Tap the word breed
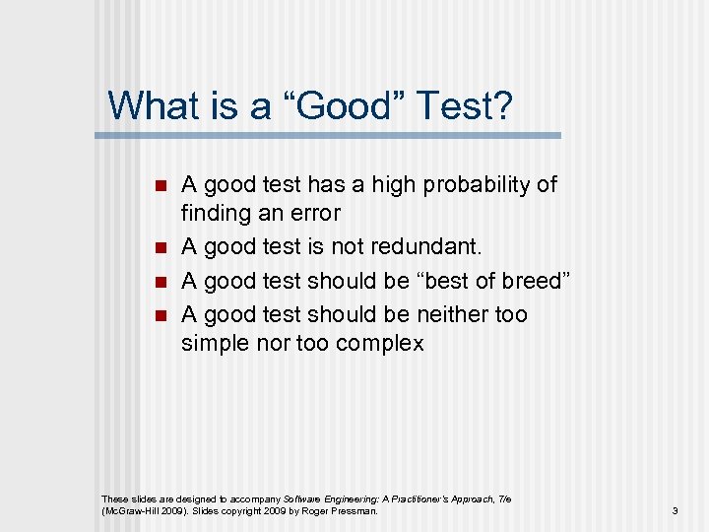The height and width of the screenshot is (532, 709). tap(530, 281)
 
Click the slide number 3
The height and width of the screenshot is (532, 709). tap(675, 511)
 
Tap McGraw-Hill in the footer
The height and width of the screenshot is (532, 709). tap(129, 511)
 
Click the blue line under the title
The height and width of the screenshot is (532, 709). tap(335, 135)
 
